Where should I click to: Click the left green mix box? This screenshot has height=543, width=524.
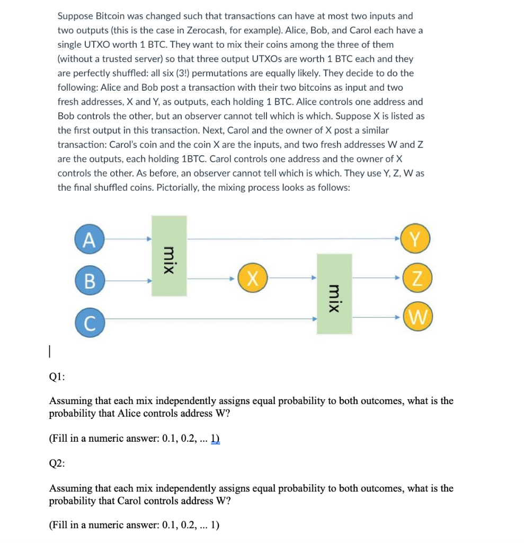169,256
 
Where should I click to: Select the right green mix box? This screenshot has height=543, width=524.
334,294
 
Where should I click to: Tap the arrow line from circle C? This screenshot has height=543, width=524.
212,318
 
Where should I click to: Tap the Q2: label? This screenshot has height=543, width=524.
57,463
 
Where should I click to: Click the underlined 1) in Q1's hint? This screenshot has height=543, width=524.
215,439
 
